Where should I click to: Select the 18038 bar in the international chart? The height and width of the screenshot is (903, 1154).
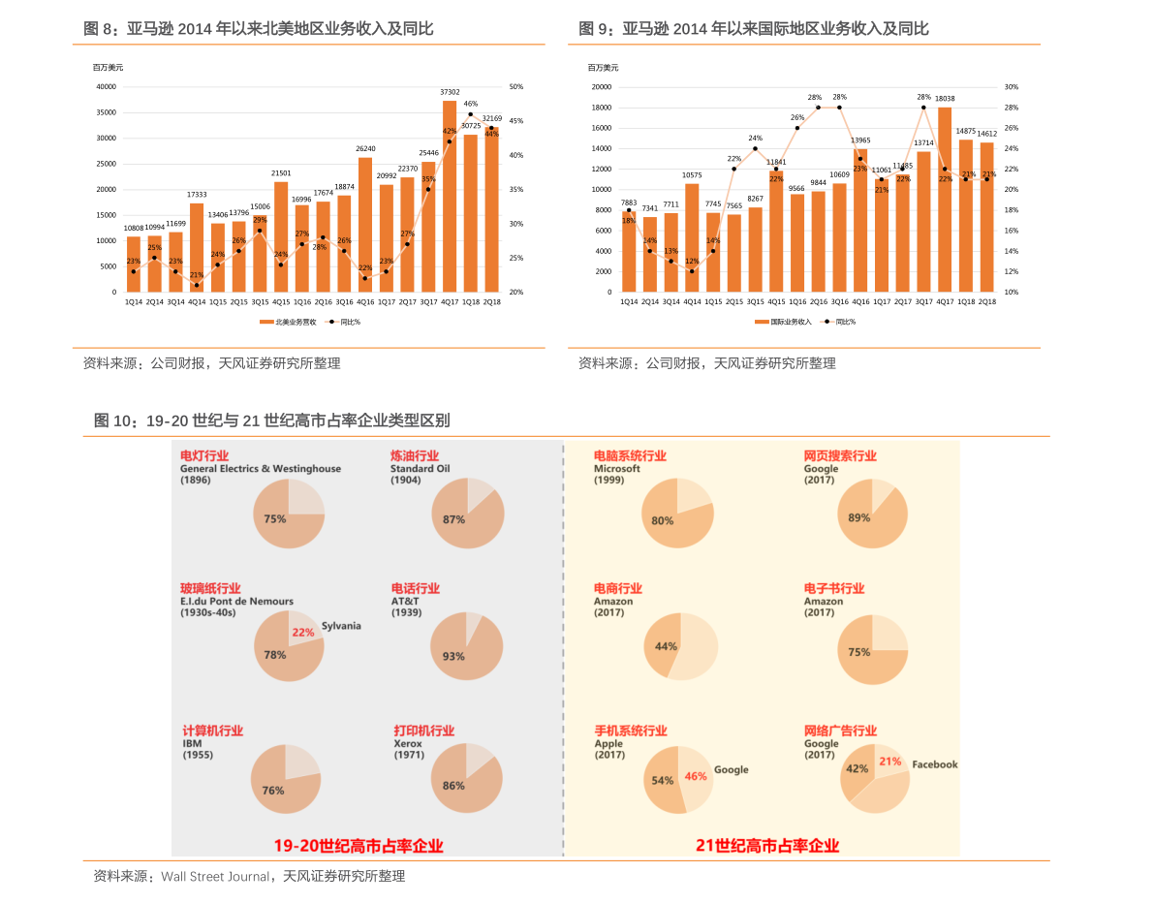945,200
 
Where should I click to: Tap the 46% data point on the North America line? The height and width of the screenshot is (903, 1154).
471,114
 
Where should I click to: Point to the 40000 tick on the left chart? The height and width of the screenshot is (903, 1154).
107,86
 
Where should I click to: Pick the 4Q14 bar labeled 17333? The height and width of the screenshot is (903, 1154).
197,247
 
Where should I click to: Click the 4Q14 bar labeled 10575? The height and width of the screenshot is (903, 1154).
692,237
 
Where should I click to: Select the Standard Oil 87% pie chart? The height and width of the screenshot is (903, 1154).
468,514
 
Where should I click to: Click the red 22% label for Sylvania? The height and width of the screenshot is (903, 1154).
303,632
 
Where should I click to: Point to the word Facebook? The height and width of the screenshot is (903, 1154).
934,764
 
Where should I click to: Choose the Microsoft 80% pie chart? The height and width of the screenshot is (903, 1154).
677,514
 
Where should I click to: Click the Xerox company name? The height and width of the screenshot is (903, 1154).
408,744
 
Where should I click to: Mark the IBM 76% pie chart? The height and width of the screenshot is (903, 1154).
285,780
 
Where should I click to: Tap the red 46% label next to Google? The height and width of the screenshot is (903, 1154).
696,776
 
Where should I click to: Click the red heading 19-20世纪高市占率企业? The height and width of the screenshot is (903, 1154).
359,846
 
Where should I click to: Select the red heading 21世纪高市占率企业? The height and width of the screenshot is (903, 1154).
767,846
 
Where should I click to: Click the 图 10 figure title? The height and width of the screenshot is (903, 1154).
271,420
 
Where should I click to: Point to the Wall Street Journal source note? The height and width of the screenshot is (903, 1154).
249,876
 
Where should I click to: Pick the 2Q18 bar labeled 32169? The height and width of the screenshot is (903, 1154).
492,209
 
